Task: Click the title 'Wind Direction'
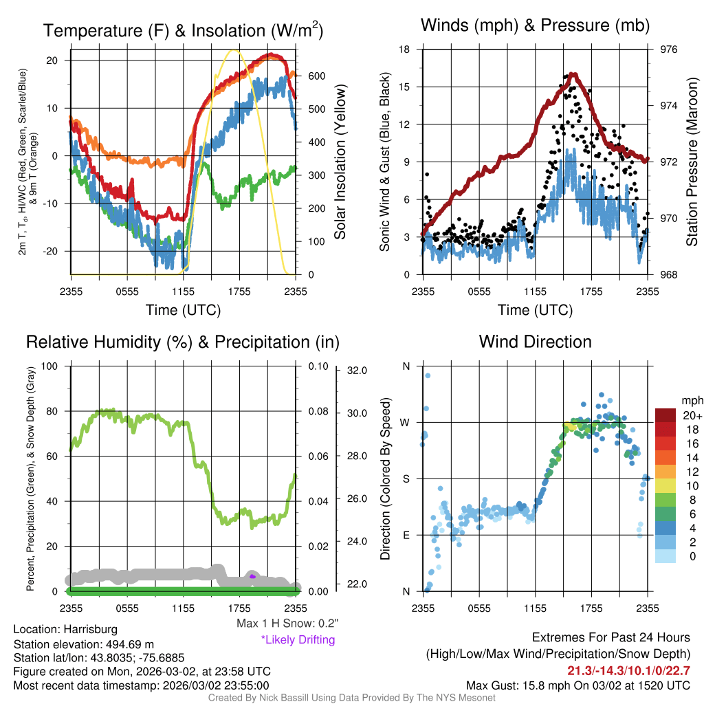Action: pyautogui.click(x=535, y=342)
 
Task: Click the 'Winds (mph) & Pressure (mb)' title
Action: pyautogui.click(x=535, y=26)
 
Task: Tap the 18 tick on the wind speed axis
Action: pyautogui.click(x=405, y=49)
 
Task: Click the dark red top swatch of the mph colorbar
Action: pyautogui.click(x=666, y=415)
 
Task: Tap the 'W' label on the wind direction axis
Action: pyautogui.click(x=405, y=422)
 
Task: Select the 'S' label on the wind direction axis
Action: pyautogui.click(x=406, y=478)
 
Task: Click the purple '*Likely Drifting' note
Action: pyautogui.click(x=298, y=639)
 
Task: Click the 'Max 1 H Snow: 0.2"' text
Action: pyautogui.click(x=287, y=624)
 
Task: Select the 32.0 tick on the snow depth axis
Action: pyautogui.click(x=357, y=371)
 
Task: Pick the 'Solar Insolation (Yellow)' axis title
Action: pyautogui.click(x=340, y=162)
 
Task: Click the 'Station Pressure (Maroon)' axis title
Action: pyautogui.click(x=692, y=162)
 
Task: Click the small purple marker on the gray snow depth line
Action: pyautogui.click(x=252, y=576)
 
